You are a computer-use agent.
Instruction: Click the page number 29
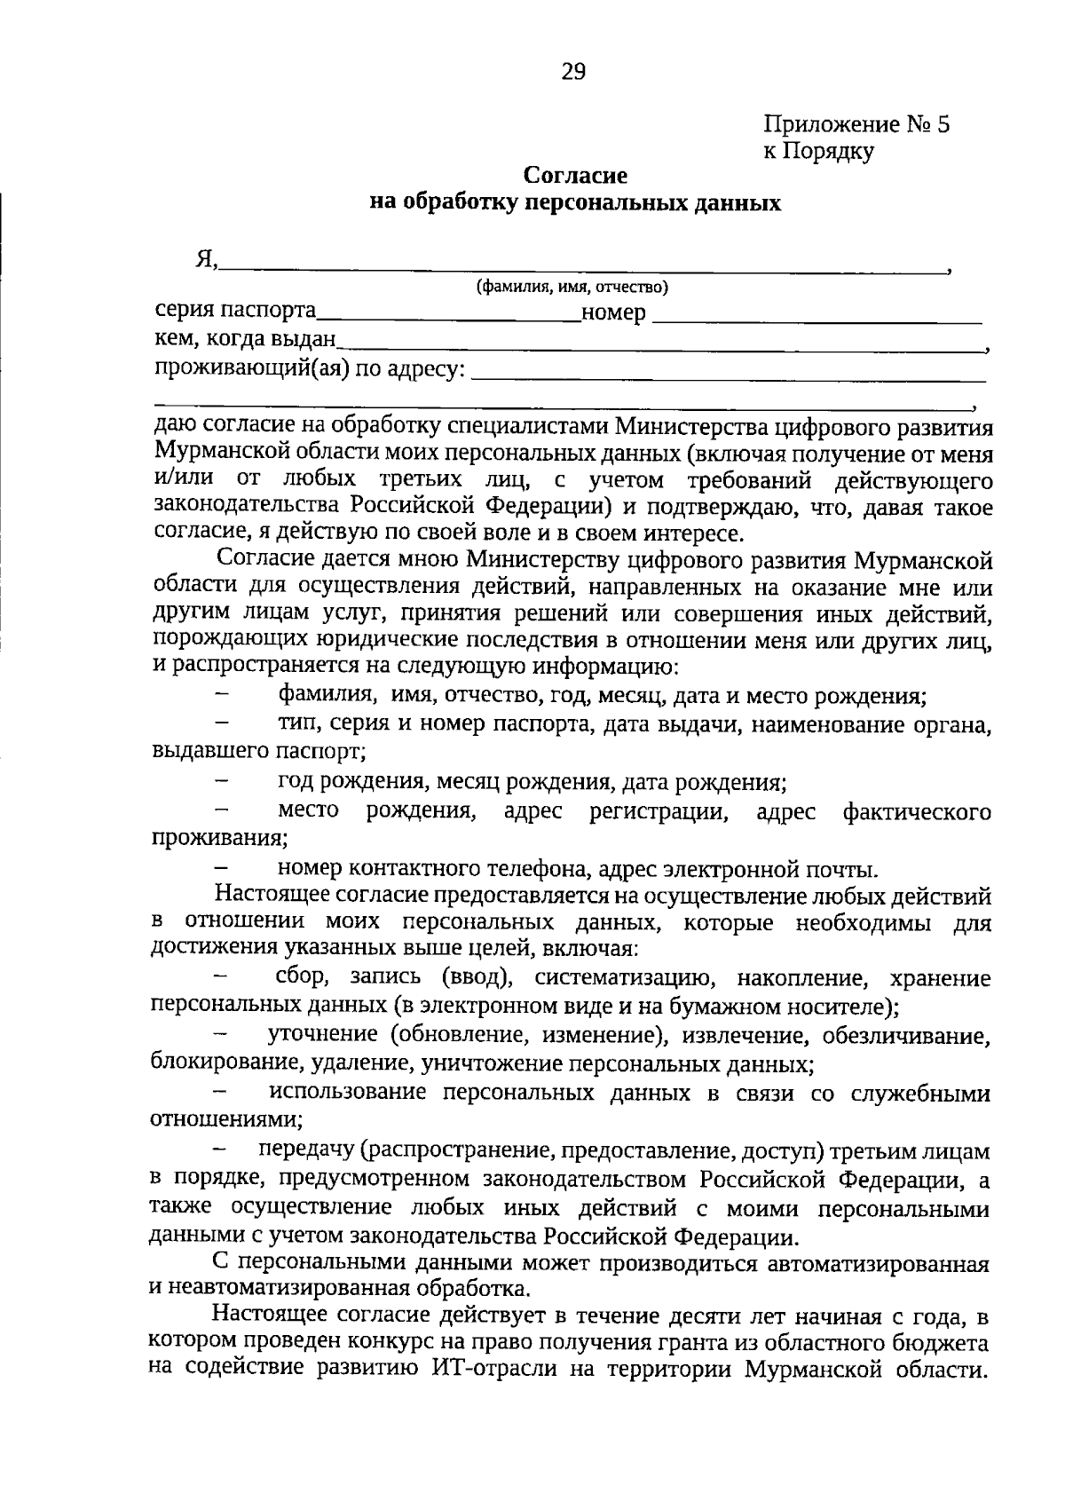coord(573,72)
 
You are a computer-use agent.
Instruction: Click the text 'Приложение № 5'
coord(856,123)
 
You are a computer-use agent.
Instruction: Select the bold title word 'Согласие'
coord(574,176)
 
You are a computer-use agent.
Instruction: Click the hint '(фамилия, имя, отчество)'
coord(572,287)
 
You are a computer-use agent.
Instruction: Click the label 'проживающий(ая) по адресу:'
coord(310,367)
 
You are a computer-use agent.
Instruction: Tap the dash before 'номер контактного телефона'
coord(223,868)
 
